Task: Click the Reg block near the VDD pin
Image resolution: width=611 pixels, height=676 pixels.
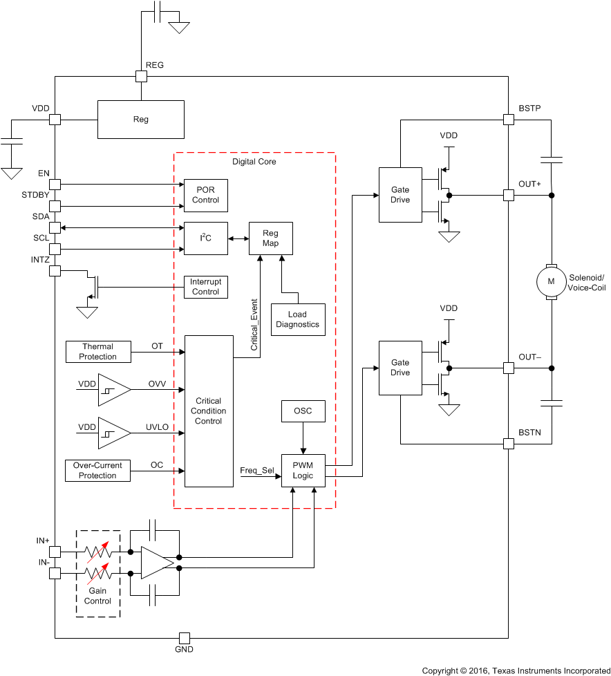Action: click(140, 120)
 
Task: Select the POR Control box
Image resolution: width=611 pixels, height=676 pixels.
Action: click(205, 196)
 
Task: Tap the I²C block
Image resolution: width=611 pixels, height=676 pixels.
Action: click(205, 238)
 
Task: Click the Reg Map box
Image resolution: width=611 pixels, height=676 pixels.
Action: click(270, 238)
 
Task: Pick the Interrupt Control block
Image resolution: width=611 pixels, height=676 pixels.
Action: click(205, 287)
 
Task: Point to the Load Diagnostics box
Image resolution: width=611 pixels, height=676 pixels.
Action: click(297, 319)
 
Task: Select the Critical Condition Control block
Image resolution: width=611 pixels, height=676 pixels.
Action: click(208, 411)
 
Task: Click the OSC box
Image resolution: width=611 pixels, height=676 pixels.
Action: click(302, 411)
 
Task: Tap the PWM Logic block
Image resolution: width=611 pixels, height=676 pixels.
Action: click(303, 471)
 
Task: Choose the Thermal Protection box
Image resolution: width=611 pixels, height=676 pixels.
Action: click(97, 352)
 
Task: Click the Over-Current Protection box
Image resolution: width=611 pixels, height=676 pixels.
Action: click(97, 471)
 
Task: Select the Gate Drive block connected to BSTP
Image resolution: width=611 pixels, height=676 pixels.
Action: click(400, 195)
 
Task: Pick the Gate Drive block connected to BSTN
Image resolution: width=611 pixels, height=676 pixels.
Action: click(400, 368)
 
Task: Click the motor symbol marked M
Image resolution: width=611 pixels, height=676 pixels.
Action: click(551, 281)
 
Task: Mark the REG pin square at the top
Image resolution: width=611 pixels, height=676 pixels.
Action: click(141, 77)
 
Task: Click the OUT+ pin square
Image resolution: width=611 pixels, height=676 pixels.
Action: click(508, 196)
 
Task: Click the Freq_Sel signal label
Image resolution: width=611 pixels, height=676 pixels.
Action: click(256, 471)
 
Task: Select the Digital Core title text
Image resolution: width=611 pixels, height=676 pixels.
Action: click(254, 162)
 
